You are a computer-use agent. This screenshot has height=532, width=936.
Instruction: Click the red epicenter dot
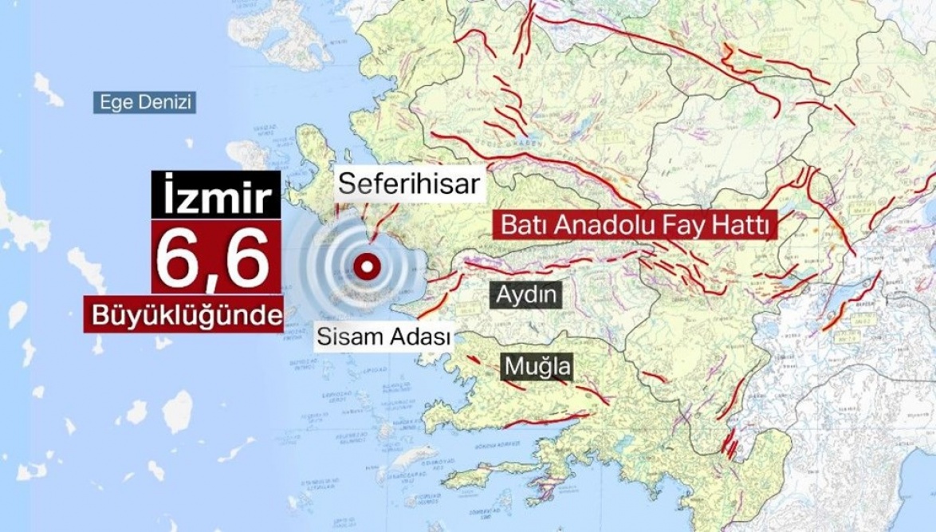point(368,266)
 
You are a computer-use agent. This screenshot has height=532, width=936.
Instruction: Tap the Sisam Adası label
point(383,336)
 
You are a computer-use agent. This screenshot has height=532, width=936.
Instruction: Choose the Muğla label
point(539,367)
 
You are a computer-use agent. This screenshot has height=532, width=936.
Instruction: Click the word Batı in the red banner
point(521,226)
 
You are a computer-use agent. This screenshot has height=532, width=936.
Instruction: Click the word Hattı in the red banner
point(742,226)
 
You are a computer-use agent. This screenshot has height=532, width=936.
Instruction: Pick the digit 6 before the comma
point(180,258)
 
